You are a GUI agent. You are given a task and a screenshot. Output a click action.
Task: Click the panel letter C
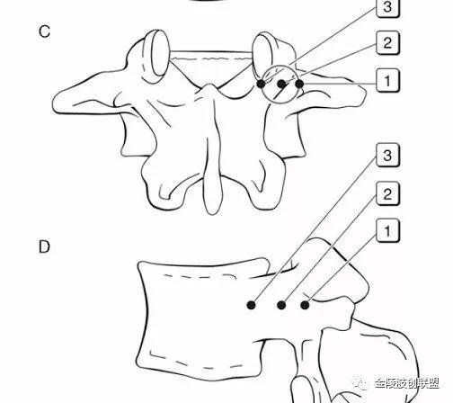point(44,31)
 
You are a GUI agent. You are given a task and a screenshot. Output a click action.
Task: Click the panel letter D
point(44,246)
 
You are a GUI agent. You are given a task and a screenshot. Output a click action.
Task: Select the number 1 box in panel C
point(387,80)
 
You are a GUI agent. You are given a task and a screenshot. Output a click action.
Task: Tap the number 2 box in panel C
point(387,43)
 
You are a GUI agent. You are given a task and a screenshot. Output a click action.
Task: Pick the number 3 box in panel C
point(387,7)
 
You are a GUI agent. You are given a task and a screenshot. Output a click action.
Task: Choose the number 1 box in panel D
point(387,231)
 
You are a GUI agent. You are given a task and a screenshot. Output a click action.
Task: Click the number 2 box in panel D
point(387,193)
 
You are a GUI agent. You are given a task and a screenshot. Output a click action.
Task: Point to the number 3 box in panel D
point(387,156)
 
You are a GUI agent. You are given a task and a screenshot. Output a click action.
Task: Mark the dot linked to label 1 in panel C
point(299,84)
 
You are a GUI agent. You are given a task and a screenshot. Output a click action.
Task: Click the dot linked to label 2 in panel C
point(281,84)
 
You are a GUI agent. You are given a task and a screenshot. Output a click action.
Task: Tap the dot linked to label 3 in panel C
point(261,84)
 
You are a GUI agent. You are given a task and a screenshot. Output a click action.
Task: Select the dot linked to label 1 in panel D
point(305,305)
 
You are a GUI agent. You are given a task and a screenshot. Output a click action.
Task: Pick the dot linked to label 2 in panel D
point(281,305)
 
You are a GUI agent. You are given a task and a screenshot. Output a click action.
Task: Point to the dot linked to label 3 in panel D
point(251,305)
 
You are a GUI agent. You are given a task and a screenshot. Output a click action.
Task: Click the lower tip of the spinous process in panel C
point(213,214)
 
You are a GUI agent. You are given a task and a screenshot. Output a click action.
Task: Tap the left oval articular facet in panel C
point(161,53)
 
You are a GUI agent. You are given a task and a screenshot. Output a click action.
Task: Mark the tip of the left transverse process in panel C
point(55,103)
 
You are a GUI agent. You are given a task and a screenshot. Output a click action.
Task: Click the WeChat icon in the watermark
point(361,383)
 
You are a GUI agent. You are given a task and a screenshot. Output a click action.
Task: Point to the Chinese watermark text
point(407,383)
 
